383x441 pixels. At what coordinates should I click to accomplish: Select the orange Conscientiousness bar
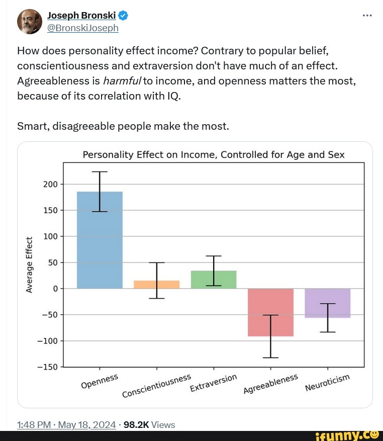point(156,285)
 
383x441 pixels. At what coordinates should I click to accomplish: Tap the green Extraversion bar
point(214,280)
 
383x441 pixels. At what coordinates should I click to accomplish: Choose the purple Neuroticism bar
point(327,303)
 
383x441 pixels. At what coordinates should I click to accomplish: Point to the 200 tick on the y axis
point(51,185)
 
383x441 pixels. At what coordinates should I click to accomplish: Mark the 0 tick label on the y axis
point(56,289)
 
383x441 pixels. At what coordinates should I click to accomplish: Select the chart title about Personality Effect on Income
point(214,154)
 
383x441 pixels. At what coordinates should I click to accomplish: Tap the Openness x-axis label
point(100,381)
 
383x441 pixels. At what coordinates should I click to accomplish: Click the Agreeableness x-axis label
point(270,384)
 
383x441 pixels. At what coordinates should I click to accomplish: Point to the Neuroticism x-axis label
point(327,383)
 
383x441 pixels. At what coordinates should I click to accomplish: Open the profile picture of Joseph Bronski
point(29,22)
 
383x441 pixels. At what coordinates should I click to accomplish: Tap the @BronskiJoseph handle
point(82,28)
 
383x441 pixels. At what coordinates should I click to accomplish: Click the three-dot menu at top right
point(367,15)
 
